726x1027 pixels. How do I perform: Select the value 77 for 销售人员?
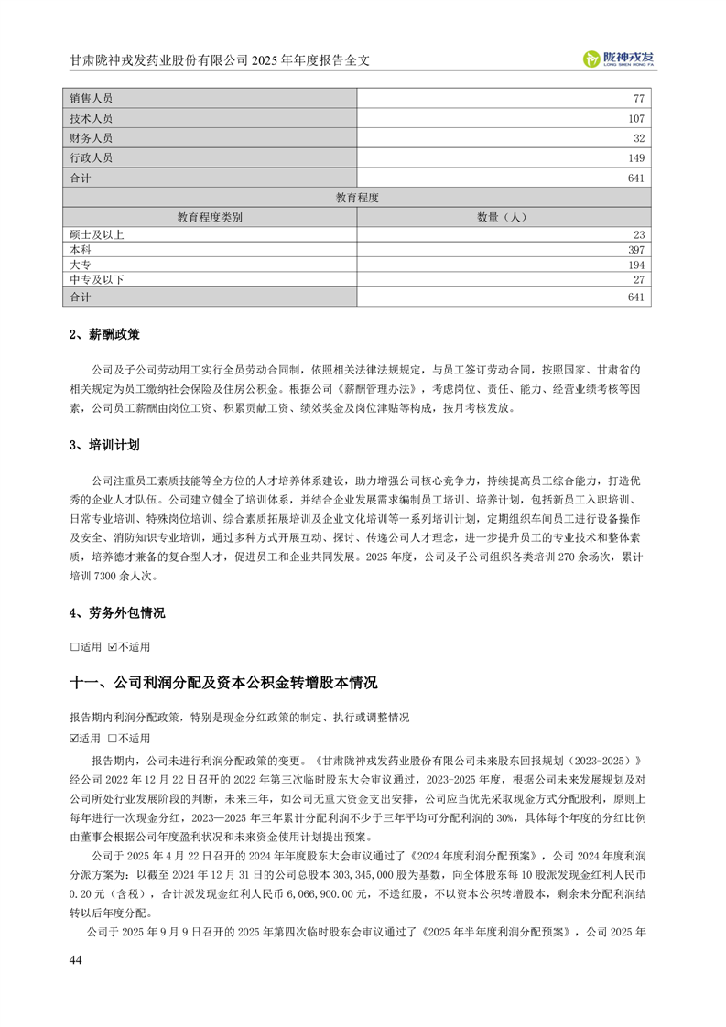pyautogui.click(x=638, y=98)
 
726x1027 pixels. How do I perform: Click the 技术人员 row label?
pyautogui.click(x=91, y=118)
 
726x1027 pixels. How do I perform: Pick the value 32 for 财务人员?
pyautogui.click(x=638, y=138)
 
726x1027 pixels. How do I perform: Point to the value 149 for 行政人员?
pyautogui.click(x=636, y=158)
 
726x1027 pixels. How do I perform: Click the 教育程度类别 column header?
pyautogui.click(x=209, y=217)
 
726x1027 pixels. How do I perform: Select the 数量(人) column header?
pyautogui.click(x=503, y=217)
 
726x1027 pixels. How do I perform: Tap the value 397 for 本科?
pyautogui.click(x=636, y=250)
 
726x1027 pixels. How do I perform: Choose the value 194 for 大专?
pyautogui.click(x=636, y=265)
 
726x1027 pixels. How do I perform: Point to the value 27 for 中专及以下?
pyautogui.click(x=639, y=279)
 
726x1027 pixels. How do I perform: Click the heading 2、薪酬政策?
pyautogui.click(x=104, y=335)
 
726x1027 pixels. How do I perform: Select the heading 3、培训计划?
pyautogui.click(x=104, y=446)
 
